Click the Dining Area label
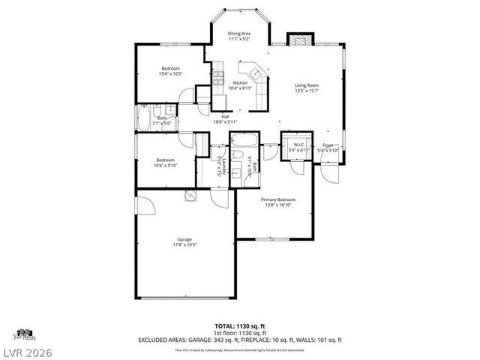239,34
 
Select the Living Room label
307,85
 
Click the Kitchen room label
240,82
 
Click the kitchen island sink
256,73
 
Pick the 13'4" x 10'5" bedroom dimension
170,74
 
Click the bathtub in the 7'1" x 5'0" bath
145,118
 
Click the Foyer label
328,145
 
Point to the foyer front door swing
331,169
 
